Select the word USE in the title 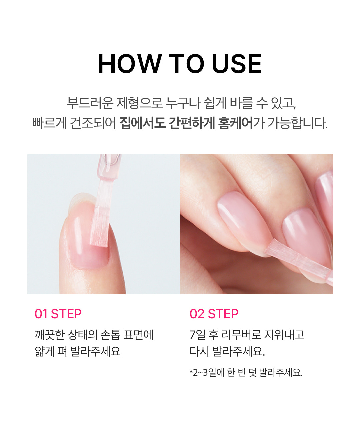coord(237,64)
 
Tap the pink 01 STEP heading coord(58,314)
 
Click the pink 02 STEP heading coord(214,314)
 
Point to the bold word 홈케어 coord(236,123)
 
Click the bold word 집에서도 coord(143,123)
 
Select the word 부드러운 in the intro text coord(90,103)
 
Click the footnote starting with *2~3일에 coord(246,372)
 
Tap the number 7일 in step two coord(197,335)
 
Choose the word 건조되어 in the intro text coord(93,123)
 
